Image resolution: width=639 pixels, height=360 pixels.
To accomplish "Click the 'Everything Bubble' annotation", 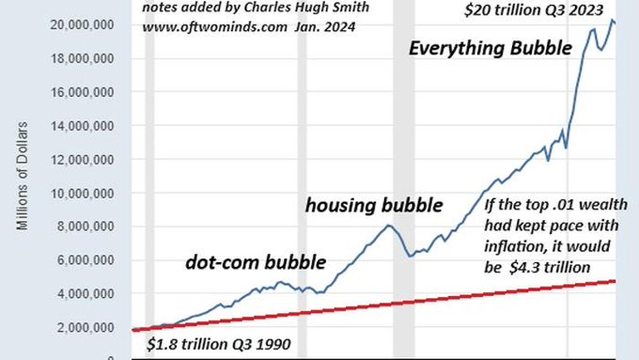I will pyautogui.click(x=490, y=47).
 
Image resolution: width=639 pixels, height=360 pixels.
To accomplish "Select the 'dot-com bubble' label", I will pyautogui.click(x=256, y=262).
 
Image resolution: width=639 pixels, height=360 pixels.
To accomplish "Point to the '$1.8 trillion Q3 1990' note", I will pyautogui.click(x=218, y=344).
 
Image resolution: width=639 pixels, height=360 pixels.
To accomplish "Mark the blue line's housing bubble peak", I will pyautogui.click(x=388, y=225).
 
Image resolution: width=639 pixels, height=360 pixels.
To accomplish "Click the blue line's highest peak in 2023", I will pyautogui.click(x=612, y=21).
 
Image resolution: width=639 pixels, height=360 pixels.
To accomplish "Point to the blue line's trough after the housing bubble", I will pyautogui.click(x=410, y=256).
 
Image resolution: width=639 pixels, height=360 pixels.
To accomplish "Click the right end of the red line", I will pyautogui.click(x=615, y=281).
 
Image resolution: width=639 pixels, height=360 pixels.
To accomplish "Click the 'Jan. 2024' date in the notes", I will pyautogui.click(x=334, y=28).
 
